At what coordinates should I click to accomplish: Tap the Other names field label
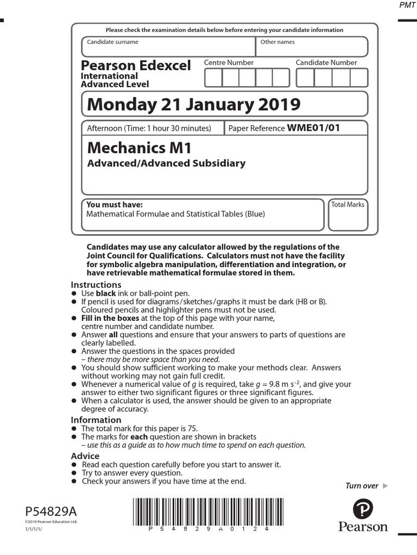tap(277, 42)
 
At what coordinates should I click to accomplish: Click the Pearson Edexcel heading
tap(136, 66)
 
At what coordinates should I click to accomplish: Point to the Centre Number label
tap(229, 63)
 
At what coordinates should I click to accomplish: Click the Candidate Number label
tap(326, 63)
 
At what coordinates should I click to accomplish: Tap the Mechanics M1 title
tap(140, 148)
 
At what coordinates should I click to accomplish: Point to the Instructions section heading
tap(96, 285)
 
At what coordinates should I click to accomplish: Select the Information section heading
tap(96, 420)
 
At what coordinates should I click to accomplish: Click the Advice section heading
tap(85, 456)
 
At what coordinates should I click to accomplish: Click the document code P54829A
tap(51, 511)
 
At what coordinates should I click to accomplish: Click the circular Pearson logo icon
tap(363, 509)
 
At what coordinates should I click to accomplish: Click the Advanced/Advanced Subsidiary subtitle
tap(166, 163)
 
